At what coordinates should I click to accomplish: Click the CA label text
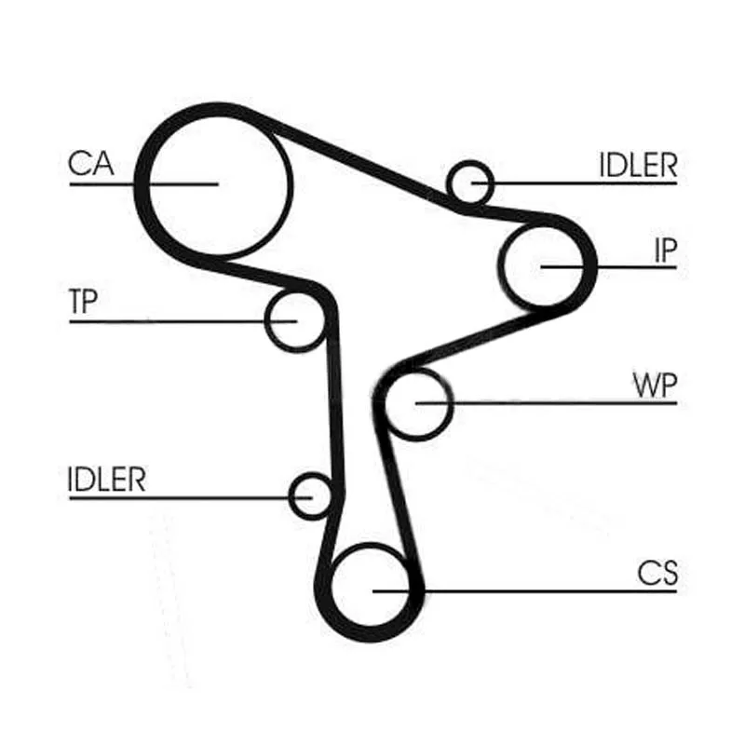(90, 164)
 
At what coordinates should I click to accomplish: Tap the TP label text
(83, 303)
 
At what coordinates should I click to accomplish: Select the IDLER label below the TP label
(107, 479)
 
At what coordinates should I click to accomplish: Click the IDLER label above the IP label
(637, 165)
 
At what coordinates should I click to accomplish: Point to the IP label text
(663, 251)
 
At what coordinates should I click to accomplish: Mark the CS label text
(658, 572)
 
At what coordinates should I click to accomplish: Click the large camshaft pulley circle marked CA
(216, 183)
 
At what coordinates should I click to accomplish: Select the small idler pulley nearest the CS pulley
(311, 496)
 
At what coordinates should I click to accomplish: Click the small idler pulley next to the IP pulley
(468, 182)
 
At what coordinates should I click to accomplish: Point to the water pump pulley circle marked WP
(416, 402)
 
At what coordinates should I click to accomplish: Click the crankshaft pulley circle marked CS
(371, 589)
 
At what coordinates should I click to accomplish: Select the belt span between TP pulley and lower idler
(333, 400)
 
